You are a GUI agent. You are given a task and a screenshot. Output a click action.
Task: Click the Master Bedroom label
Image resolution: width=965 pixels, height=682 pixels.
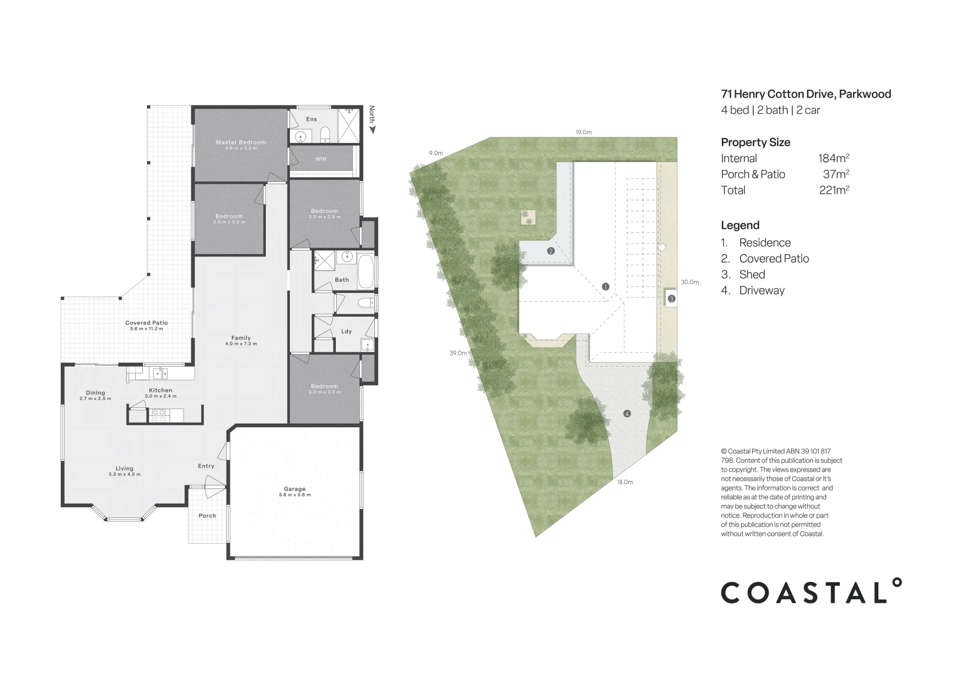[x=241, y=142]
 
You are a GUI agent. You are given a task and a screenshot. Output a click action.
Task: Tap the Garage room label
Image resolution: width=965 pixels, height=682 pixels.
[x=295, y=489]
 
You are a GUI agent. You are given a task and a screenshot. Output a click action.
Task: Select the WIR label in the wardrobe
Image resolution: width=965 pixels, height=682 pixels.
[x=321, y=159]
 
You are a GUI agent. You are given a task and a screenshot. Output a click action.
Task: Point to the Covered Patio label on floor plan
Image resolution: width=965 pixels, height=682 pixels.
[x=147, y=323]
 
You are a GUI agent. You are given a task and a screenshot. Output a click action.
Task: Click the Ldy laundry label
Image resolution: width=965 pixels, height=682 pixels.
[x=346, y=331]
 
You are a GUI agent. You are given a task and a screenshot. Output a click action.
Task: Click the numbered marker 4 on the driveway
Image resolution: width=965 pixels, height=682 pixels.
[x=627, y=413]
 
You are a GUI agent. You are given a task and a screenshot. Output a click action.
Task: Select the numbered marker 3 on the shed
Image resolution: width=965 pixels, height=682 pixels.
[x=671, y=299]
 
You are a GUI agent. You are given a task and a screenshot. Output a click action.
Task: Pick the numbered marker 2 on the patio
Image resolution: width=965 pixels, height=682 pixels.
[x=551, y=251]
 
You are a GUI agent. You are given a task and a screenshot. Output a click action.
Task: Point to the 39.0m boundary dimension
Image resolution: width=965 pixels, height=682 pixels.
[x=458, y=353]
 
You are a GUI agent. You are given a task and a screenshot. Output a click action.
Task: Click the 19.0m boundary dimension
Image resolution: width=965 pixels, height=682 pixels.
[x=583, y=132]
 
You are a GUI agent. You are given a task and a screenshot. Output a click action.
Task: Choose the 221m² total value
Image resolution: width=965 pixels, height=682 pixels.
[x=834, y=190]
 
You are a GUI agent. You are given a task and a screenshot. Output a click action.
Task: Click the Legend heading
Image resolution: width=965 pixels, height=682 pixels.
[x=740, y=225]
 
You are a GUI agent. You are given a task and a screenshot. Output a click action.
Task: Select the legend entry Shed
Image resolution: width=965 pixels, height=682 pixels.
[x=752, y=274]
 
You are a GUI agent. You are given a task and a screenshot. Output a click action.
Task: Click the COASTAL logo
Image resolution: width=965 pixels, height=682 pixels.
[x=811, y=591]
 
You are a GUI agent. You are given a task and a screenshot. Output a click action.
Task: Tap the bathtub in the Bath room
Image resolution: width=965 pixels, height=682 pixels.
[x=366, y=272]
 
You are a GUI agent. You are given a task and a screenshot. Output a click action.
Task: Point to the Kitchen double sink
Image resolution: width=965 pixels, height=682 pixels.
[x=161, y=373]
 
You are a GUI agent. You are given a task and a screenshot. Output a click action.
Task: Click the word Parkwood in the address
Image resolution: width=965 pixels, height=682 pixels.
[x=865, y=94]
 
